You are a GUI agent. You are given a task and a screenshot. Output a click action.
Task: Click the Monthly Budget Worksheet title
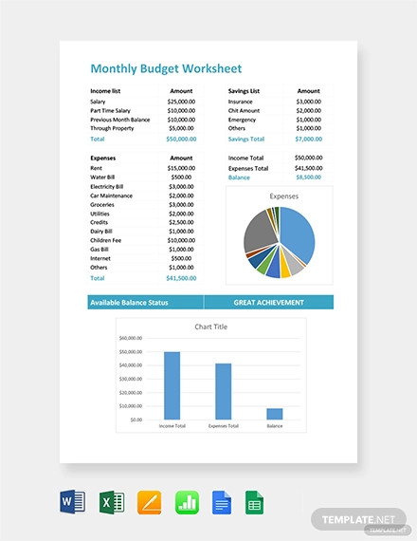166,68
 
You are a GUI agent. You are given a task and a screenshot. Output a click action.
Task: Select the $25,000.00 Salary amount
181,101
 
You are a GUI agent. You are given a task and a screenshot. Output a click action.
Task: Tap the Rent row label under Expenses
97,167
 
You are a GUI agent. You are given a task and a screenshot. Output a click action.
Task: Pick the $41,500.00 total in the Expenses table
181,278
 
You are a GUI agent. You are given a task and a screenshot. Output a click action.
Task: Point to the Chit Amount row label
245,110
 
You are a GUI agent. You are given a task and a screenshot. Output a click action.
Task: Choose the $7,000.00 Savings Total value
309,139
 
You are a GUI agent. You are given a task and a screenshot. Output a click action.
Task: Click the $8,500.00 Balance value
309,177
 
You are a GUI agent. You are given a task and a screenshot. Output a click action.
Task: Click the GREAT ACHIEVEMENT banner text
268,303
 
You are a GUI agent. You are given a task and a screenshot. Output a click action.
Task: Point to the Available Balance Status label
130,303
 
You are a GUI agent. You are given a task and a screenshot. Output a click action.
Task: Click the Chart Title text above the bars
210,326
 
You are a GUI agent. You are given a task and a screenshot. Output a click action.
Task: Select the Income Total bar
172,385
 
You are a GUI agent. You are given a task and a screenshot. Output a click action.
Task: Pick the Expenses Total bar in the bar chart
223,391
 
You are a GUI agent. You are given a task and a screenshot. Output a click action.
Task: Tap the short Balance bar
274,414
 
